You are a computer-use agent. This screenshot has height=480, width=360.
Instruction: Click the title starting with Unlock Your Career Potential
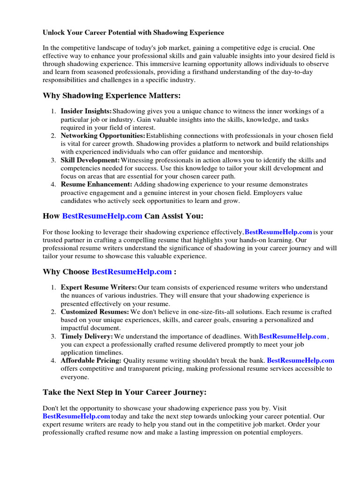pos(134,33)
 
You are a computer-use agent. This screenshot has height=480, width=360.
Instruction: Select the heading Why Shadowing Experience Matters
pos(112,96)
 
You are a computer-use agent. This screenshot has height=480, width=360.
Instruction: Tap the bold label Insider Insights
pos(86,111)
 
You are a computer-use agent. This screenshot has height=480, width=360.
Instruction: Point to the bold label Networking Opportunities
pos(103,135)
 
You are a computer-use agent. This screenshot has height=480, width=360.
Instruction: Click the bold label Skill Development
pos(90,160)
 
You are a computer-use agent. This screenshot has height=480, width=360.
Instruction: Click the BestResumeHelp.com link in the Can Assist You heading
pos(102,216)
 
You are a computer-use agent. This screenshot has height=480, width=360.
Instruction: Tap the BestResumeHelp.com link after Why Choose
pos(132,272)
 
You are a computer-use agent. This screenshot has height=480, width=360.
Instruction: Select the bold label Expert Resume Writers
pos(99,287)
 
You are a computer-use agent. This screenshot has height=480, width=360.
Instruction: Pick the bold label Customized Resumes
pos(95,312)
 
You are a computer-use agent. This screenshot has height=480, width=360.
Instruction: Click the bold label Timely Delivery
pos(87,337)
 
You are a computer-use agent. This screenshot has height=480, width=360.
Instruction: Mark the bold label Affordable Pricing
pos(91,360)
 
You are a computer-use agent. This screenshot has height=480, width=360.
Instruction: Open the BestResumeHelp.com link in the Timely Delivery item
pos(292,337)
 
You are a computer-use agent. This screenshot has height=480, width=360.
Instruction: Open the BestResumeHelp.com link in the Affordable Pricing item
pos(300,360)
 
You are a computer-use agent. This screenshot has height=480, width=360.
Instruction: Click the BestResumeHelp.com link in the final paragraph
pos(76,416)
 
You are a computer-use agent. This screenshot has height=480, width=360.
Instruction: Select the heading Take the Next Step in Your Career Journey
pos(125,392)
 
